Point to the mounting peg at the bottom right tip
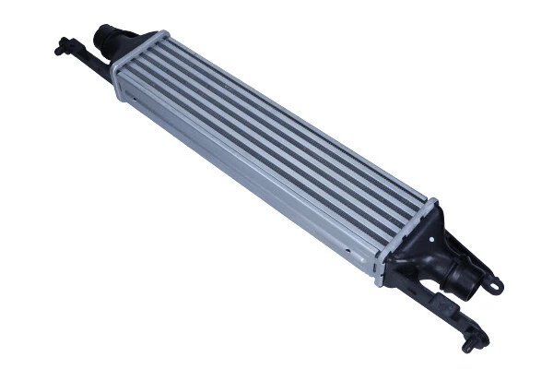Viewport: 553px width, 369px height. (x=470, y=347)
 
